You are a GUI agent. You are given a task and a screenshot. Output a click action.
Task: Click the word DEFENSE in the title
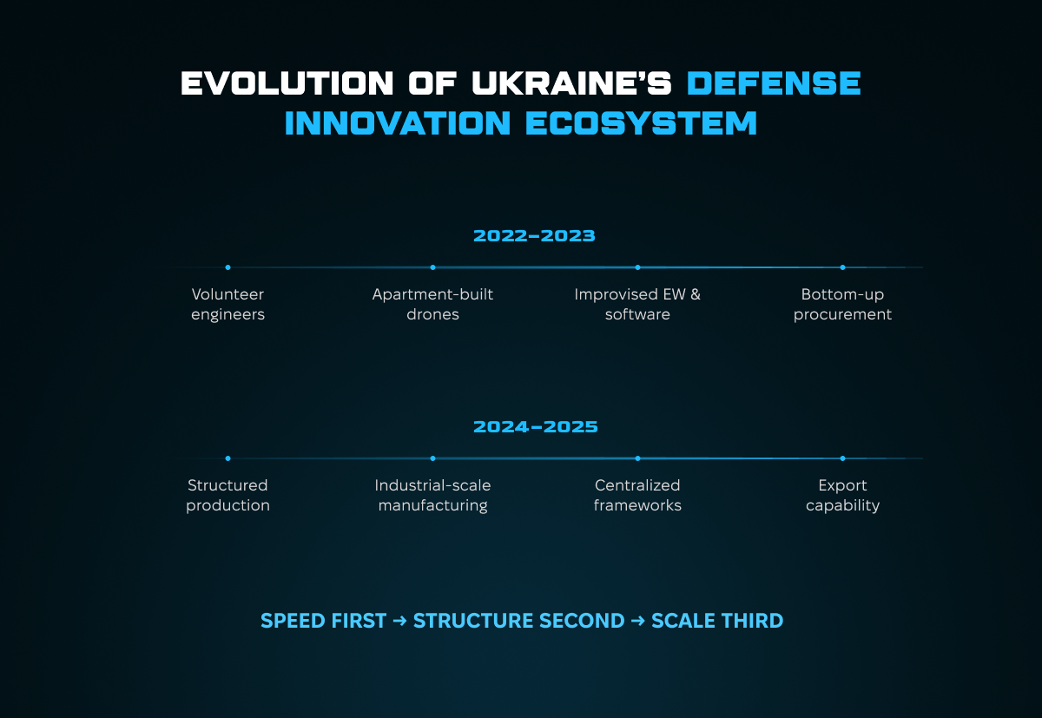pyautogui.click(x=774, y=83)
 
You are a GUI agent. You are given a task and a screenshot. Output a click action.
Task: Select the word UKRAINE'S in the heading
pyautogui.click(x=571, y=83)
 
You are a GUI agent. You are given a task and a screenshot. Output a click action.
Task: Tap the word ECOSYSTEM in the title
pyautogui.click(x=642, y=123)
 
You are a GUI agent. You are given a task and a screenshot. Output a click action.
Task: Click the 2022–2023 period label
pyautogui.click(x=534, y=236)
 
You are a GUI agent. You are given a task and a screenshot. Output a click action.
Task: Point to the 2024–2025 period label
pyautogui.click(x=536, y=427)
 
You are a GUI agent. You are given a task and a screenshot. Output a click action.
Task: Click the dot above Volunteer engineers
pyautogui.click(x=228, y=267)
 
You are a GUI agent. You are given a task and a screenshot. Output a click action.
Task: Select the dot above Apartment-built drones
pyautogui.click(x=432, y=267)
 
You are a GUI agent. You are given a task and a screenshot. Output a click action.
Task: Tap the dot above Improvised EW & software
pyautogui.click(x=637, y=267)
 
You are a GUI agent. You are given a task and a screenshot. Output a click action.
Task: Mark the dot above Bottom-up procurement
pyautogui.click(x=842, y=267)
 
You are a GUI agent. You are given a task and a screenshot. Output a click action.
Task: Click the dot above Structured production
pyautogui.click(x=228, y=458)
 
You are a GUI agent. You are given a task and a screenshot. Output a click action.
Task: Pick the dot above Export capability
pyautogui.click(x=842, y=458)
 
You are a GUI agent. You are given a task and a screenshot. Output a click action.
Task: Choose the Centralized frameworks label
pyautogui.click(x=637, y=495)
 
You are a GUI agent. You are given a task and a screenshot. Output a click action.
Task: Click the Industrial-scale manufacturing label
pyautogui.click(x=432, y=495)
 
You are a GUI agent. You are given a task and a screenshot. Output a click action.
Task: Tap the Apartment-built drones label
pyautogui.click(x=432, y=304)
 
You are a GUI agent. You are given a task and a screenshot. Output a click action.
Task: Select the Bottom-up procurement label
pyautogui.click(x=842, y=304)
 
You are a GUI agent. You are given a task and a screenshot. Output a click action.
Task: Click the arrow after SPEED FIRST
pyautogui.click(x=399, y=621)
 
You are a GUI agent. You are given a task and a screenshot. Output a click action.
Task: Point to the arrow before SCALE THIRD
pyautogui.click(x=637, y=621)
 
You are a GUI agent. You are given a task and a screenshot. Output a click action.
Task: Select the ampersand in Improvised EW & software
pyautogui.click(x=695, y=294)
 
